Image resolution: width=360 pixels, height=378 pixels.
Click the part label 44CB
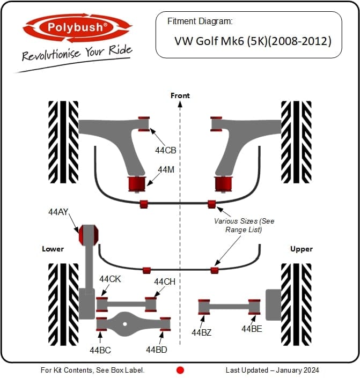tap(166, 151)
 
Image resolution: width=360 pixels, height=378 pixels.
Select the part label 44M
tap(166, 169)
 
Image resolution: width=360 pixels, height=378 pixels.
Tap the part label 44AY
tap(58, 212)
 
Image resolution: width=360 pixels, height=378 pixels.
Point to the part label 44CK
tap(110, 279)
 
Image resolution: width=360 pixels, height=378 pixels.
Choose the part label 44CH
tap(165, 281)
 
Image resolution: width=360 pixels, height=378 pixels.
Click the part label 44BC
tap(100, 350)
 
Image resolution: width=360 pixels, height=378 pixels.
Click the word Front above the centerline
tap(180, 95)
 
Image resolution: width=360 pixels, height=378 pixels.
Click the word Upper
tap(302, 249)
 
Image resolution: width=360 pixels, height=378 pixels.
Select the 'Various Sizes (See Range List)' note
tap(244, 225)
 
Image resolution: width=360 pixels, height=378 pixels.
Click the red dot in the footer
tap(180, 370)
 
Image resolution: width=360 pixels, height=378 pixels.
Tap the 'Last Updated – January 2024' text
tap(272, 370)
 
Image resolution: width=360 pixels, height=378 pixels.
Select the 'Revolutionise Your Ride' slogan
tap(77, 54)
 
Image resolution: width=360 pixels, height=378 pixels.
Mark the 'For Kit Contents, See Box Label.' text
tap(93, 370)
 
